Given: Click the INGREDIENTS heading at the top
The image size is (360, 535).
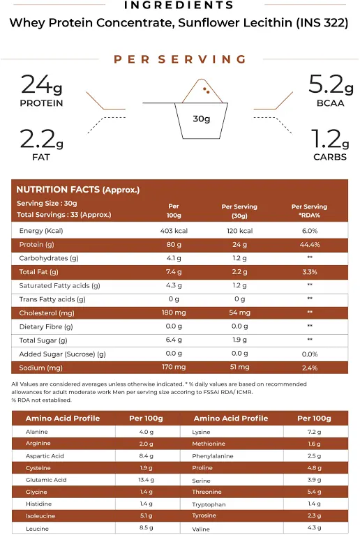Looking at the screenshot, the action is [179, 6].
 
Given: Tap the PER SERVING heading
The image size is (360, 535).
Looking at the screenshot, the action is [180, 59].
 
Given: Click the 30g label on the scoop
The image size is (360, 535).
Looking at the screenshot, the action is [202, 119].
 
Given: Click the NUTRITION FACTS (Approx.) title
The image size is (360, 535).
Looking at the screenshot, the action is [78, 190].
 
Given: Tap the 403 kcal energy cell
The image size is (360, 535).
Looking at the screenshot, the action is [174, 231].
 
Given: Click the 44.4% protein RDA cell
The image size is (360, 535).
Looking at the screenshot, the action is [309, 245].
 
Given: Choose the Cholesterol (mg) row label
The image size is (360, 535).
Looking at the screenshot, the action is [47, 313].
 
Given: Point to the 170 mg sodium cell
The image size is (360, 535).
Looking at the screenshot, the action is [174, 368].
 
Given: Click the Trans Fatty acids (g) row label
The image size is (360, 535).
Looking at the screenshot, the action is [52, 299].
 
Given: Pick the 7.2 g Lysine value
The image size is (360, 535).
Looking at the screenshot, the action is [313, 432].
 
